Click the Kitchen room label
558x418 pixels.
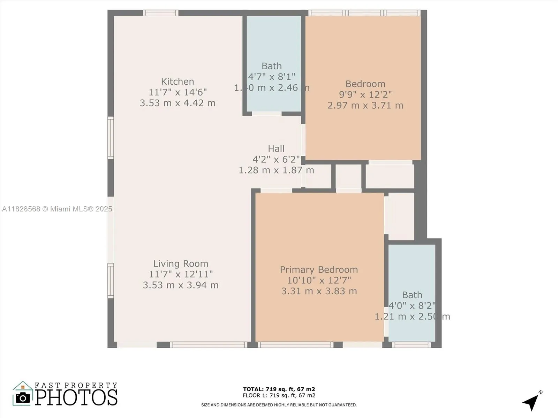coord(178,82)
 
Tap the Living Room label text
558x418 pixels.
coord(181,264)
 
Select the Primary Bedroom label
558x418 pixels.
coord(319,270)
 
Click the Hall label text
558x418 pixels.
coord(276,149)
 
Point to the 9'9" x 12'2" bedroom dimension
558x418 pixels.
coord(365,94)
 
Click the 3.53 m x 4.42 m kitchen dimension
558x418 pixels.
coord(178,103)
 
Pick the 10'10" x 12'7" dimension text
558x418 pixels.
coord(319,280)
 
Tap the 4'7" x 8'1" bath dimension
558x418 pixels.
coord(272,77)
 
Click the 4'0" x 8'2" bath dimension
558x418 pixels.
coord(412,306)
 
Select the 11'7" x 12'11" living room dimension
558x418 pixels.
coord(181,274)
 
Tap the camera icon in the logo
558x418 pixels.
coord(23,398)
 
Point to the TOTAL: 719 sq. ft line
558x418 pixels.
coord(279,389)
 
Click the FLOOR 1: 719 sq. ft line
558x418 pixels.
coord(279,395)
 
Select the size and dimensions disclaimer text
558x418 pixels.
coord(279,405)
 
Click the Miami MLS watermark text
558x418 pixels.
coord(57,209)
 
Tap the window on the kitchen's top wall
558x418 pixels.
coord(160,13)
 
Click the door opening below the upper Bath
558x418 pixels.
coord(267,114)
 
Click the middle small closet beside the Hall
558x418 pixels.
coord(348,176)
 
